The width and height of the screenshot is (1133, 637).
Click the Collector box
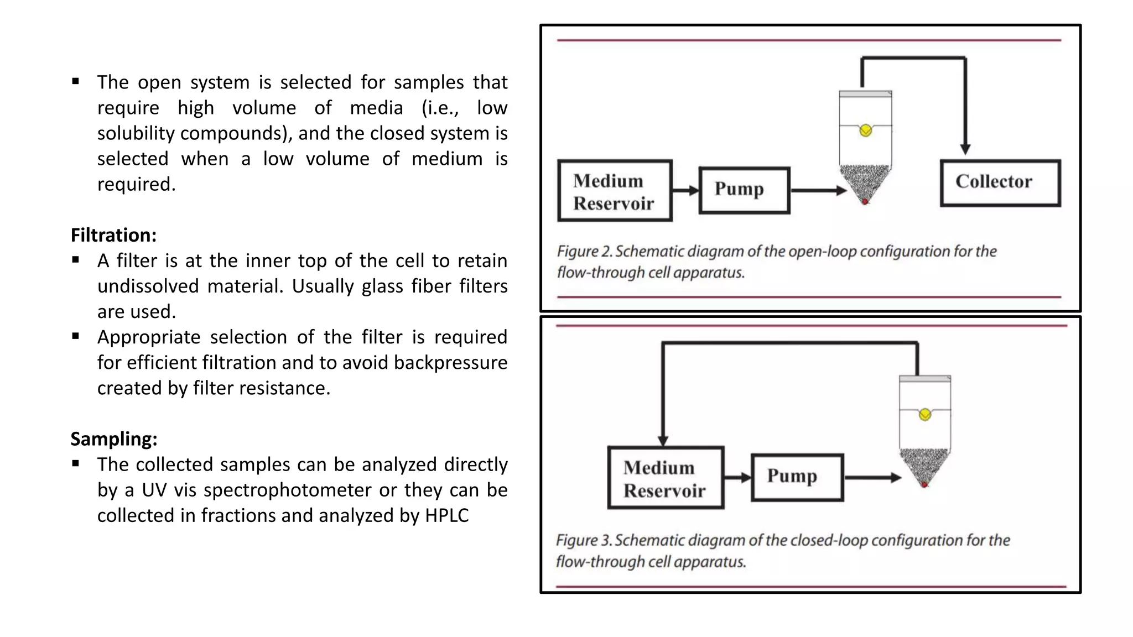pos(1000,183)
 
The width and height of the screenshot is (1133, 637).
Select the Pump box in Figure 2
pos(744,190)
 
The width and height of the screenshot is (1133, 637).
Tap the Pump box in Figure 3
pos(797,477)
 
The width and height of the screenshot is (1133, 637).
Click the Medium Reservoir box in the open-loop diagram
pos(615,191)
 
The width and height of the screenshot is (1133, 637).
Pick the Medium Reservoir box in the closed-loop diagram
pos(666,478)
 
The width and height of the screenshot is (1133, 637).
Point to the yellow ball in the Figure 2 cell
pos(866,130)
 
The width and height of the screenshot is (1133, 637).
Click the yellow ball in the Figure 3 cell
pos(925,415)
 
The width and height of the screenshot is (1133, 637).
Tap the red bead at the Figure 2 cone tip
pos(865,202)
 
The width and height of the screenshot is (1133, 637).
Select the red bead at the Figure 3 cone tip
pos(924,485)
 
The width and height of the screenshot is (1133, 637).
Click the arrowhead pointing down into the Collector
pos(965,149)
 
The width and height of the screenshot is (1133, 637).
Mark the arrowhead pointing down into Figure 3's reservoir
pos(663,440)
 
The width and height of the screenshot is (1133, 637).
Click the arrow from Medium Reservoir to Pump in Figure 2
pos(686,190)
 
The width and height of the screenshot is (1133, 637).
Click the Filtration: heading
pos(113,235)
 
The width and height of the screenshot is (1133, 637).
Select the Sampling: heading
pos(114,439)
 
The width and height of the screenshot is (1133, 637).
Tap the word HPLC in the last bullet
pos(446,515)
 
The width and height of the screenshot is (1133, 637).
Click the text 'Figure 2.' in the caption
pos(584,252)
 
